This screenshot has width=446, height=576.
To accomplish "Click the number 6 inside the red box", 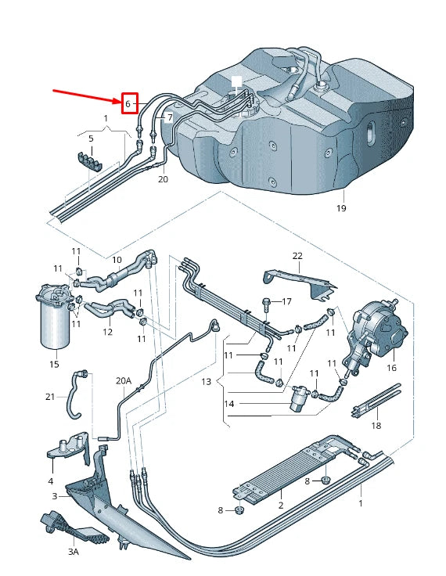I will click(129, 103).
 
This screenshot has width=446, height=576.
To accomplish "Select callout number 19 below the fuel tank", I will click(341, 208).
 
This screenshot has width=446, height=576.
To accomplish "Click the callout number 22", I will click(297, 256).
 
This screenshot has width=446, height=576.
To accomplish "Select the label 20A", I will click(124, 381).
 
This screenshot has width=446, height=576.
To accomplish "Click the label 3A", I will click(73, 552).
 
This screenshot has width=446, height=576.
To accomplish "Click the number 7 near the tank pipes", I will click(168, 117).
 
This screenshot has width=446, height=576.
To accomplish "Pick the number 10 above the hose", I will click(117, 259).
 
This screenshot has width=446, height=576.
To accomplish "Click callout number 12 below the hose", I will click(107, 332).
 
